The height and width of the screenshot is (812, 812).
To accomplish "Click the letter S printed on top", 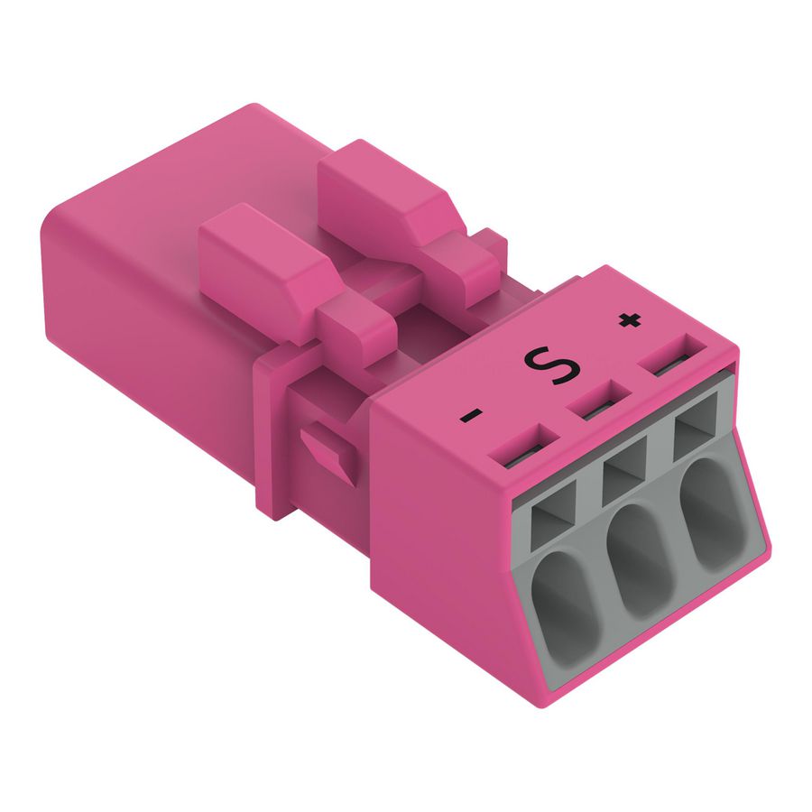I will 543,364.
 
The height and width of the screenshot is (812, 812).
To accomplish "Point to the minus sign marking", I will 471,416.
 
